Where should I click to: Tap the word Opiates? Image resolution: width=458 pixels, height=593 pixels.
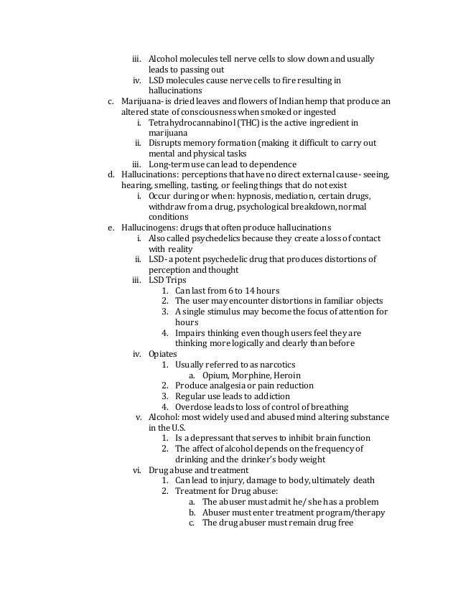click(x=162, y=353)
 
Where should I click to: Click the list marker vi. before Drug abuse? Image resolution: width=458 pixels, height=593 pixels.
click(x=136, y=470)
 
